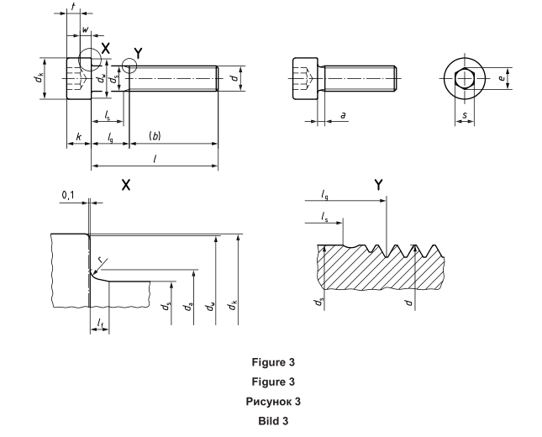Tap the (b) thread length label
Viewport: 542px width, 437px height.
pyautogui.click(x=155, y=135)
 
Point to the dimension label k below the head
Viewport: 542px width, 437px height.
pyautogui.click(x=78, y=135)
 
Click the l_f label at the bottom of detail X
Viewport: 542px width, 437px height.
pyautogui.click(x=99, y=321)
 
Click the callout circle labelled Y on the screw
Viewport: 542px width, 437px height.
pyautogui.click(x=129, y=66)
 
